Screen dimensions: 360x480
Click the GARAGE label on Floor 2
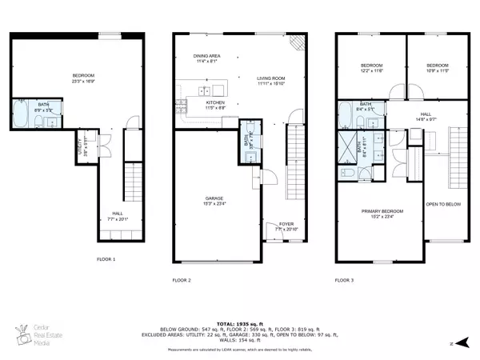(214, 200)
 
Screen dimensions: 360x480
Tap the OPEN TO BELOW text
(443, 204)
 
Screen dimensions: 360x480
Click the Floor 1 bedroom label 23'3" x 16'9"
(78, 78)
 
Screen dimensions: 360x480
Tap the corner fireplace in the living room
(298, 42)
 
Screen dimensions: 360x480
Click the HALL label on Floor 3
(426, 117)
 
